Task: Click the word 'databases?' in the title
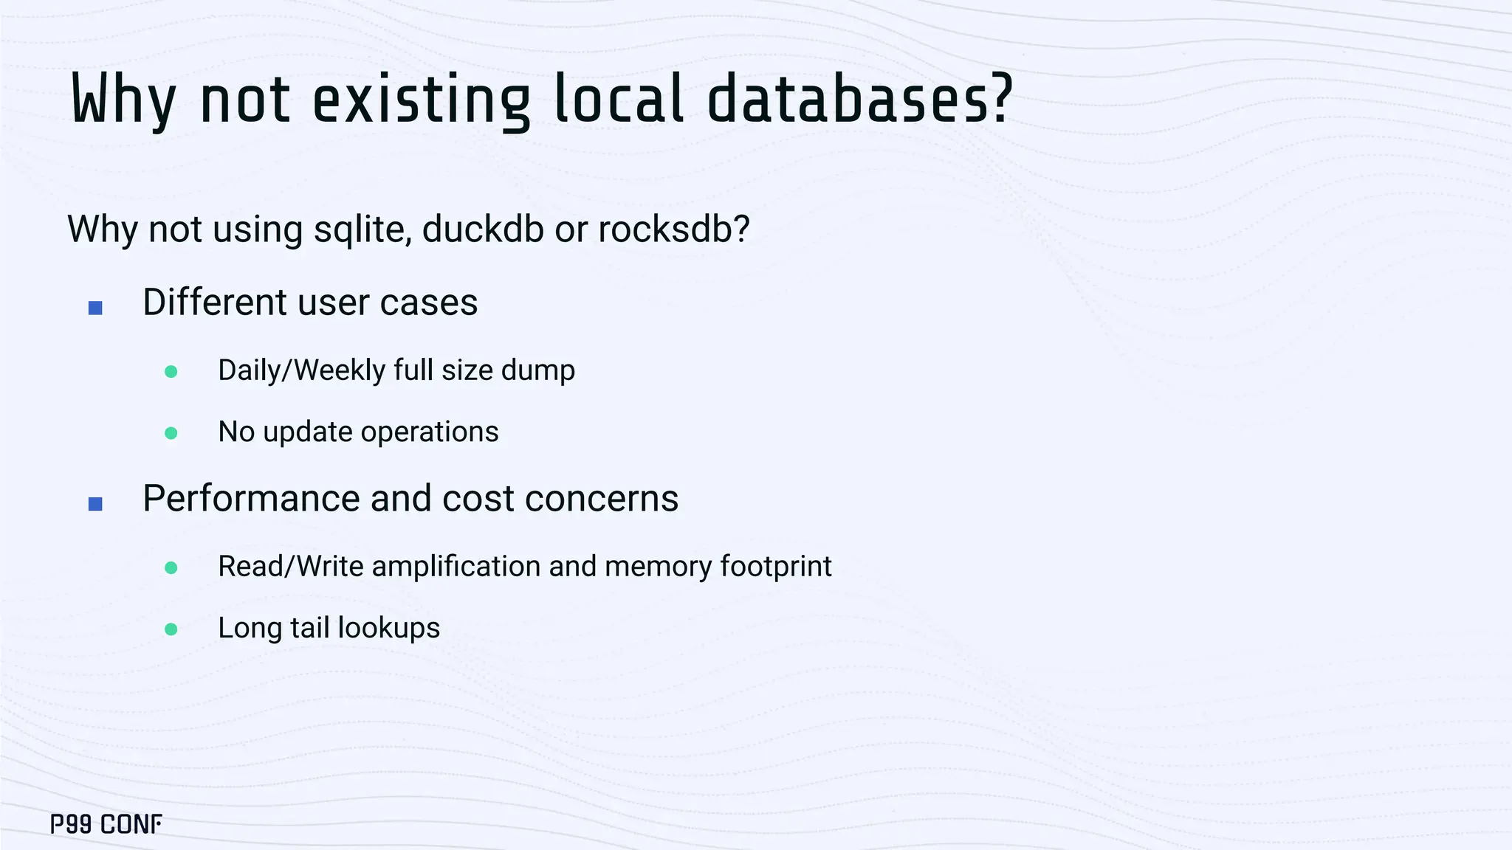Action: (859, 100)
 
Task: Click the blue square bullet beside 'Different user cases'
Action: (95, 308)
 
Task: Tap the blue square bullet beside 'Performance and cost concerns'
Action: (95, 504)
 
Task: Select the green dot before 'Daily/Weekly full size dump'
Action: (171, 371)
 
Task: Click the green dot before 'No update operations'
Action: (171, 433)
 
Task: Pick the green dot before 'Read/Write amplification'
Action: (171, 567)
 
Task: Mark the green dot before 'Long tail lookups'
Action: (171, 629)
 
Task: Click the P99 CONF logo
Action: (106, 824)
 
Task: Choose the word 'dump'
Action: (537, 370)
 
